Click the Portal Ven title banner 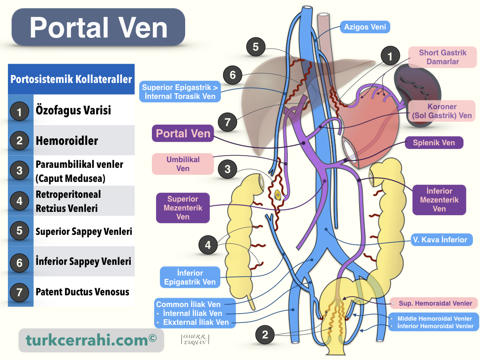[x=98, y=28]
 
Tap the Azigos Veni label [x=365, y=27]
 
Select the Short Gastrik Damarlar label [x=442, y=57]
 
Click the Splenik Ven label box [x=434, y=142]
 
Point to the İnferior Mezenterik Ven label [x=439, y=200]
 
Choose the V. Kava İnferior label [x=439, y=240]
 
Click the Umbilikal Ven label [x=183, y=164]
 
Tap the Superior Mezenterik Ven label [x=183, y=208]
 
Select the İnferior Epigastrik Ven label [x=190, y=277]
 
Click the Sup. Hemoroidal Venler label [x=435, y=303]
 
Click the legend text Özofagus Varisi [x=73, y=111]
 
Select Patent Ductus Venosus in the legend [x=82, y=292]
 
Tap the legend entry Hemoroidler [x=67, y=141]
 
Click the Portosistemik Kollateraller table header [x=71, y=79]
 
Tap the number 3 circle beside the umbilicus [x=227, y=169]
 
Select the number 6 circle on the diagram [x=232, y=75]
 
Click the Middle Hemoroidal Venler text [x=435, y=319]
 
